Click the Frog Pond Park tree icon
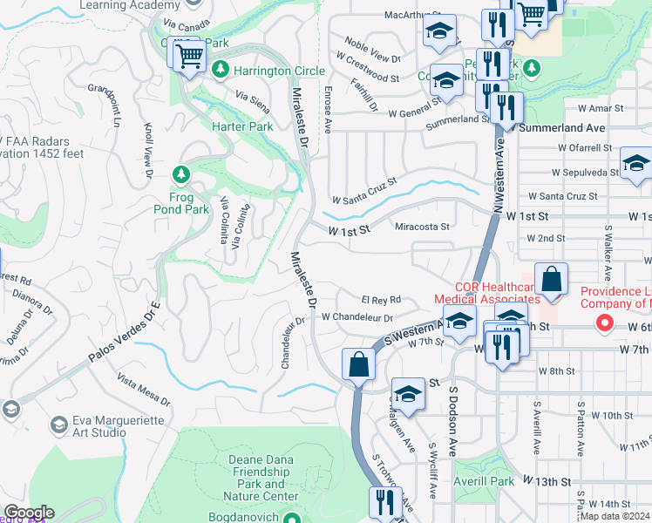[181, 174]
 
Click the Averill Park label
[484, 481]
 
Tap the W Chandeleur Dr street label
[357, 318]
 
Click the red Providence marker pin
[603, 323]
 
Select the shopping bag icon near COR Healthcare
[551, 280]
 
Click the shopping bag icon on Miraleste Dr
[358, 364]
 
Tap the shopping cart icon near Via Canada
[188, 57]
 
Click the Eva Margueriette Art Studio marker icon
[59, 425]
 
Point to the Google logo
[29, 513]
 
